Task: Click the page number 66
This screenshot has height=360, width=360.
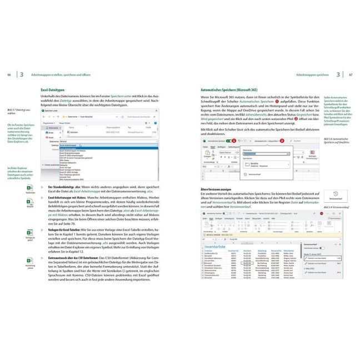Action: (8, 74)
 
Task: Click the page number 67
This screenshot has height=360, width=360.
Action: (352, 74)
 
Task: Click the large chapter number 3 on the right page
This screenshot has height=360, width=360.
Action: (338, 74)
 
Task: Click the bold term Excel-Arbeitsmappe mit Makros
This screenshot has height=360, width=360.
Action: (69, 198)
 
